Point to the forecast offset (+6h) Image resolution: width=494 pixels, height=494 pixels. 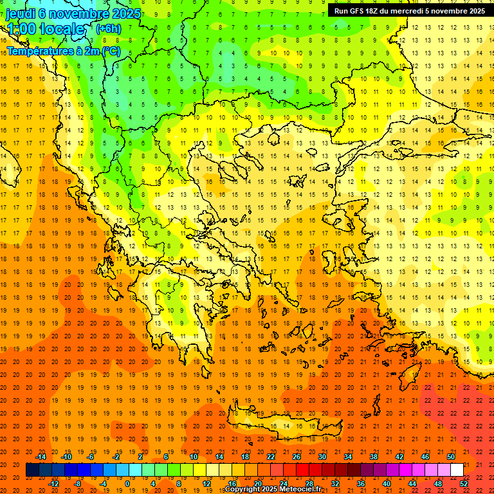(x=107, y=29)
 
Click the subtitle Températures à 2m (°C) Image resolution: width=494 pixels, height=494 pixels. (x=63, y=51)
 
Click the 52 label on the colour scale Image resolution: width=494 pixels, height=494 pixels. (x=464, y=483)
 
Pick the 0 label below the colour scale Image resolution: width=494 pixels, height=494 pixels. (x=127, y=483)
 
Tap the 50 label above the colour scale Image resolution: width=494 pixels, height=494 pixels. (x=451, y=457)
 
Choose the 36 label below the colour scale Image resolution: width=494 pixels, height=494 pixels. (x=360, y=483)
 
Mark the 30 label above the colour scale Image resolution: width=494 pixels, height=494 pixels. (x=322, y=457)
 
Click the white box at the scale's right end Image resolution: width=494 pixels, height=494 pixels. (x=457, y=470)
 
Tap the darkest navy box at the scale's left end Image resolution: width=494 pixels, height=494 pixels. (x=32, y=470)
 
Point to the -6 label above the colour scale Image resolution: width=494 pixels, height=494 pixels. (x=91, y=457)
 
